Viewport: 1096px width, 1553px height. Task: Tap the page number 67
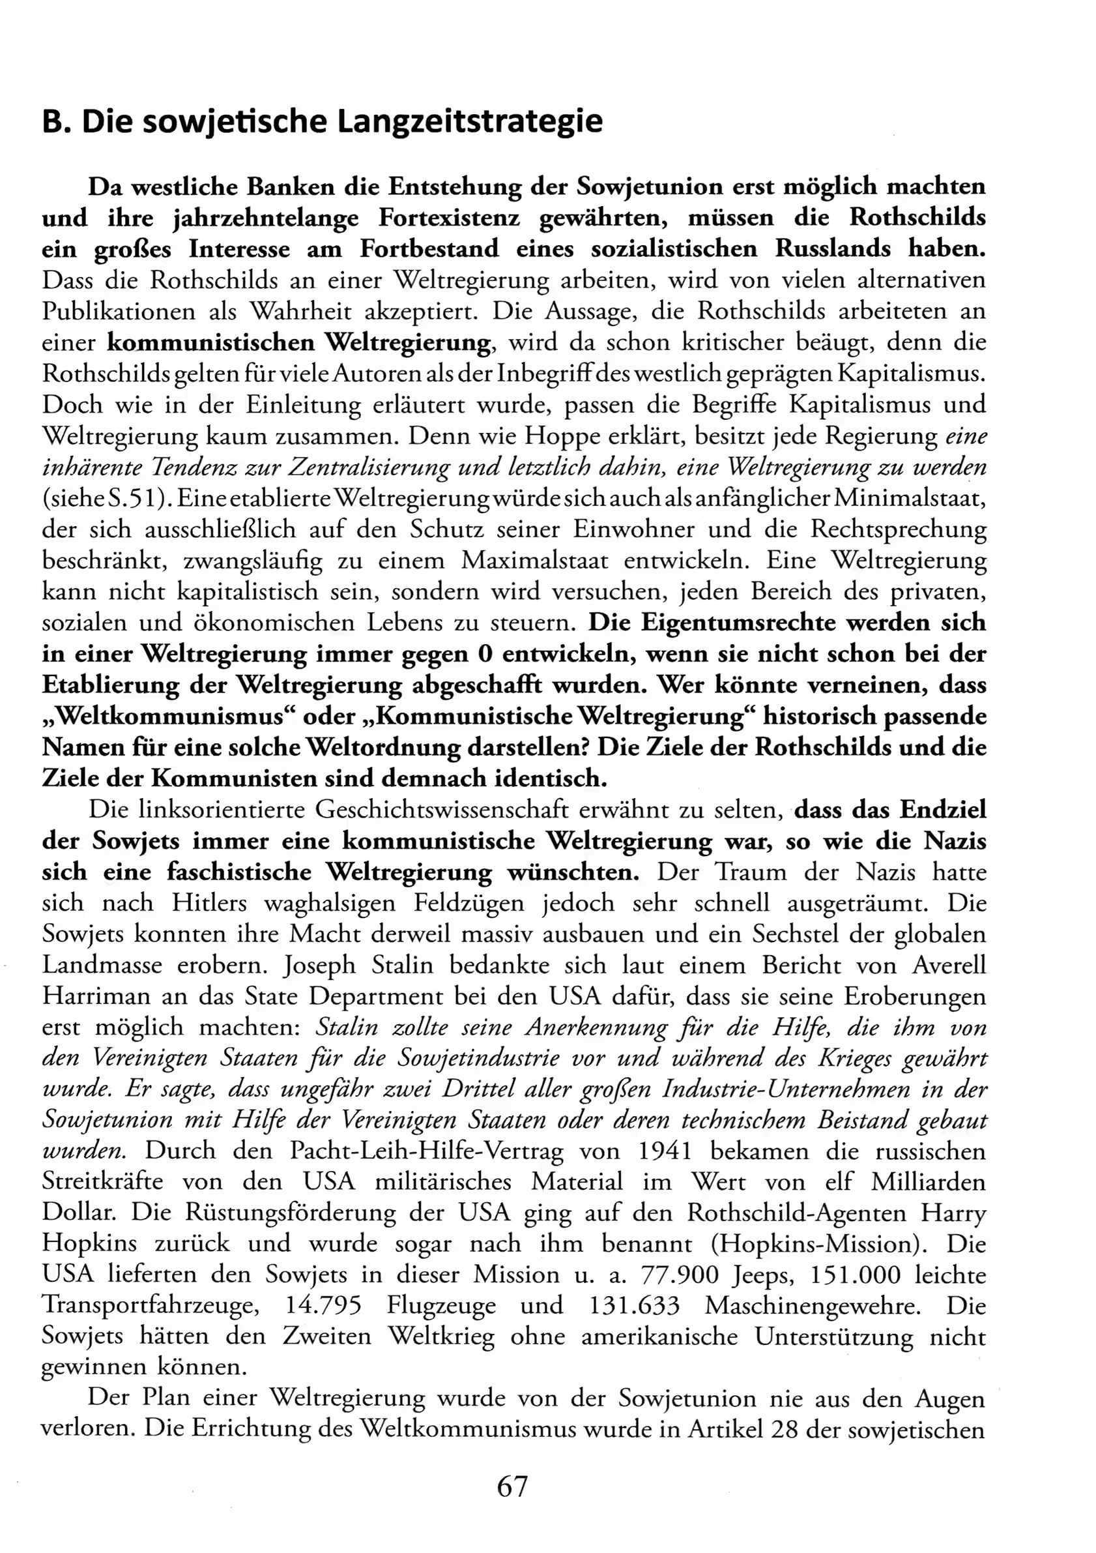pos(512,1486)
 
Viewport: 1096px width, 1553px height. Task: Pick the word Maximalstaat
pos(534,561)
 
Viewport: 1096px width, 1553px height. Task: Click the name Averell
pos(949,964)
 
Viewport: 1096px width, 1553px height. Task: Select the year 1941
pos(665,1151)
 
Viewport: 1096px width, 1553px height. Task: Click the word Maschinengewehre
pos(813,1306)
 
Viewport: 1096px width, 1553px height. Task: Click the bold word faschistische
pos(239,872)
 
